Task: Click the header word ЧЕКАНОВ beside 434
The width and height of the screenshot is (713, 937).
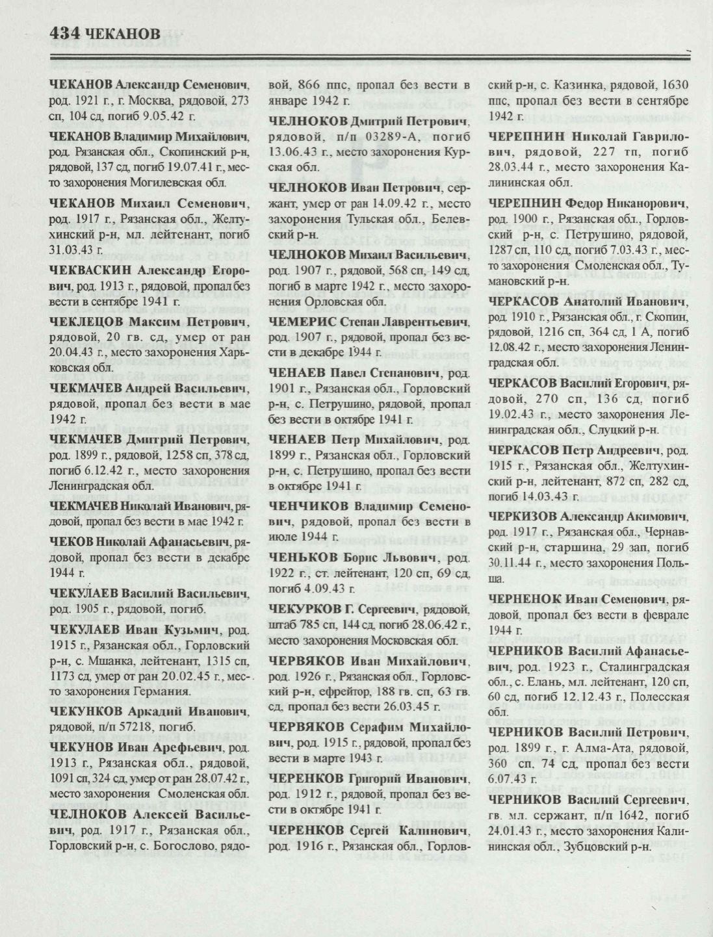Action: coord(122,32)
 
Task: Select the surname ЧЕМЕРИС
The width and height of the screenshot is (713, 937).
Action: coord(302,322)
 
